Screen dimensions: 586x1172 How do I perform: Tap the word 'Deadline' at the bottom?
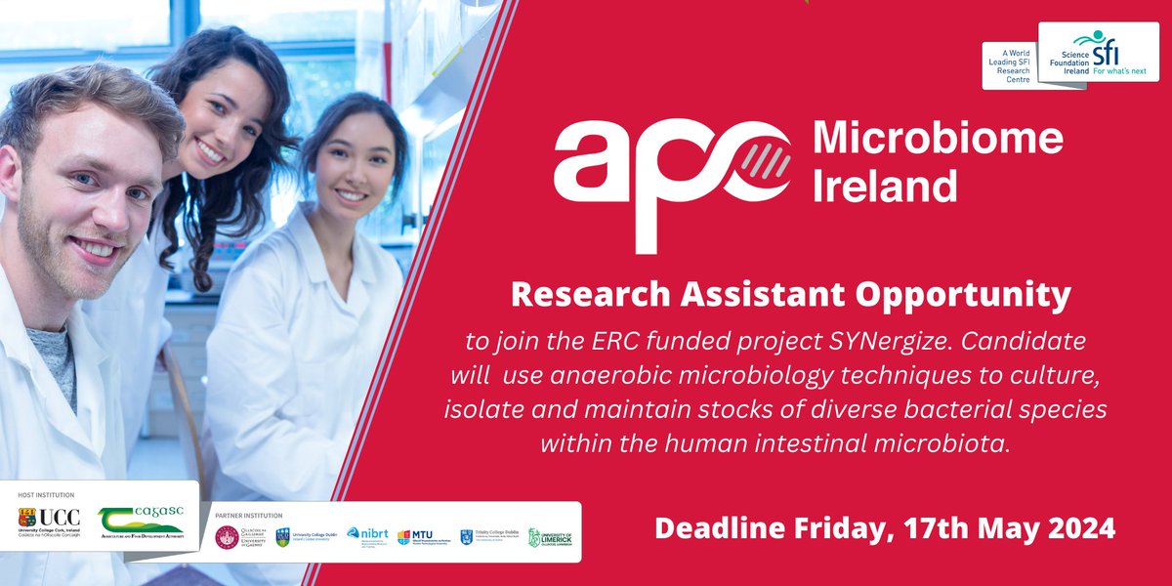(713, 528)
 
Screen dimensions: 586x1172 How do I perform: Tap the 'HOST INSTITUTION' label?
(46, 495)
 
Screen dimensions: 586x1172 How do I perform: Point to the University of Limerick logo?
(550, 537)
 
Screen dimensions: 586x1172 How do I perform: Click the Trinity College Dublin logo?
(485, 536)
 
